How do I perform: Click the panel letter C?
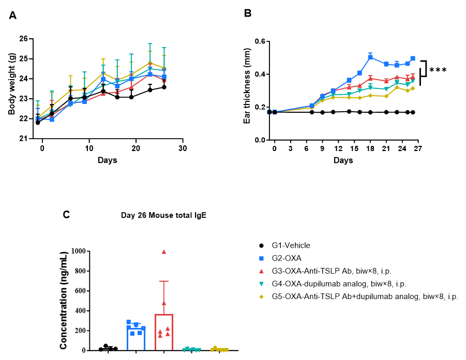click(66, 215)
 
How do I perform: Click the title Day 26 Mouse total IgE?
click(163, 215)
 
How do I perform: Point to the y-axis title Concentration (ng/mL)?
click(64, 300)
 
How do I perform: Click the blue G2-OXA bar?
click(136, 339)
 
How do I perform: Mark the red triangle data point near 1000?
click(164, 251)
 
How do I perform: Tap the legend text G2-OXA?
click(288, 258)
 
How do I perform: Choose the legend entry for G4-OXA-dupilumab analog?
click(339, 284)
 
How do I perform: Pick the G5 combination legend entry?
click(365, 297)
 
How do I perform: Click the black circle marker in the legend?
click(261, 246)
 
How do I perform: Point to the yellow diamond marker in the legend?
click(261, 297)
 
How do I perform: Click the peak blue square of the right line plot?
click(370, 57)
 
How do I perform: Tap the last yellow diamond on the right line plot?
click(413, 88)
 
